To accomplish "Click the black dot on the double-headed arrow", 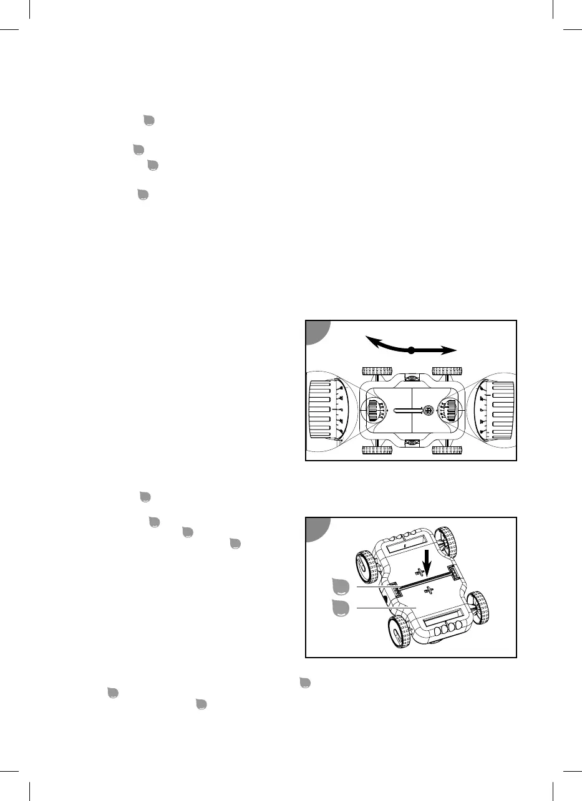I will pos(411,350).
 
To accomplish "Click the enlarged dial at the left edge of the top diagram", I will pos(327,411).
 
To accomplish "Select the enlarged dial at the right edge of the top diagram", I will pos(495,411).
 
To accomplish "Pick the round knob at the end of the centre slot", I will pos(428,411).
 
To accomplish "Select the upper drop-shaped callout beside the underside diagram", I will pos(339,587).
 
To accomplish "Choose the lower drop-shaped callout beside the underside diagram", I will pos(339,608).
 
